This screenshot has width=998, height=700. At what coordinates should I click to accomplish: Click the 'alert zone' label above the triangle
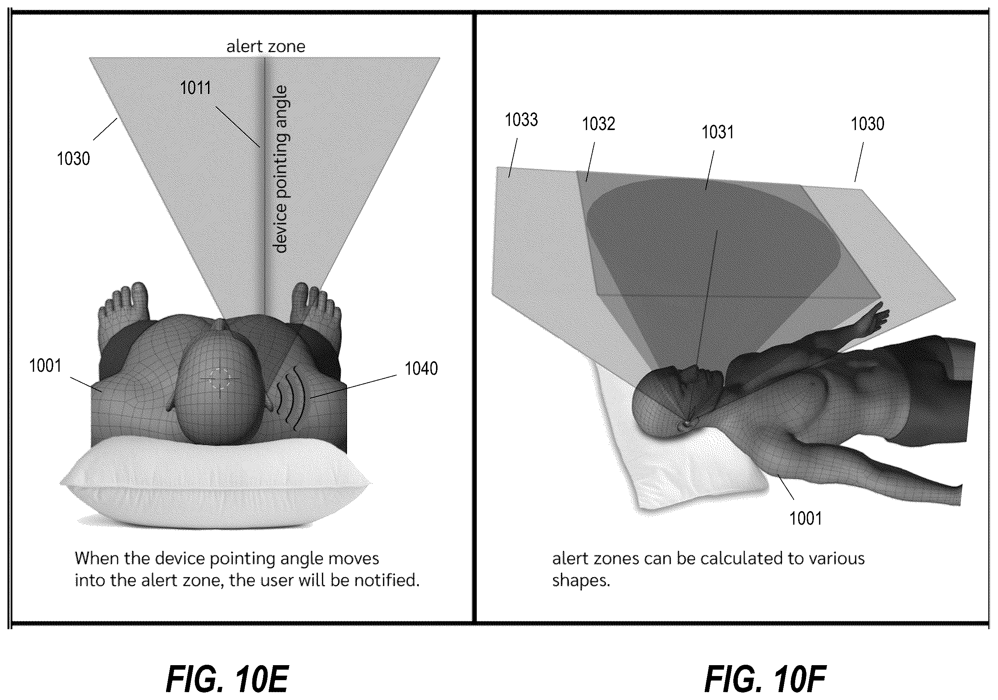tap(265, 46)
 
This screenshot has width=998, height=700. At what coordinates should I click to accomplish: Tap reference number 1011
tap(196, 88)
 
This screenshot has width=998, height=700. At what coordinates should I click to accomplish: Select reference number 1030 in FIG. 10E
tap(73, 159)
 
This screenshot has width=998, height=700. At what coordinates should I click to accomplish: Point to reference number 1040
tap(421, 368)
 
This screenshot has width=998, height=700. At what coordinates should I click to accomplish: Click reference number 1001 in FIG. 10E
tap(45, 366)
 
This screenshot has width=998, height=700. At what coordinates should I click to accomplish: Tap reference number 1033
tap(521, 120)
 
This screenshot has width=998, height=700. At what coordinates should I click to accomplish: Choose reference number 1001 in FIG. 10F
tap(805, 518)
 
